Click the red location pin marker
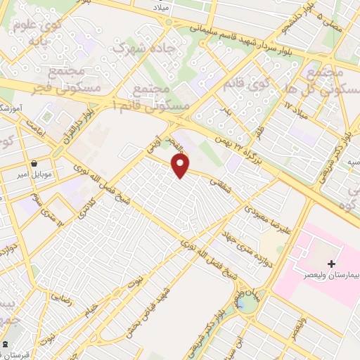(181, 165)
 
